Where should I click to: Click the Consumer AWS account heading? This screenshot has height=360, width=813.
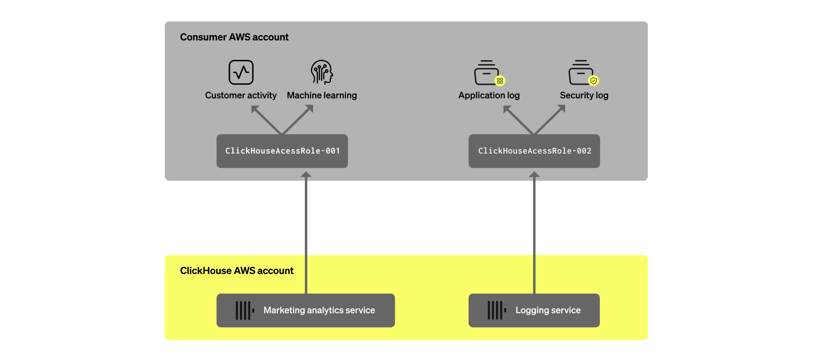[234, 37]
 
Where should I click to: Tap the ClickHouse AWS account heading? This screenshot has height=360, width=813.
[236, 271]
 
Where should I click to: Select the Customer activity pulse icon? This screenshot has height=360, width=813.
[241, 72]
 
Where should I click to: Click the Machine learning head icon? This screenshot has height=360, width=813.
[321, 72]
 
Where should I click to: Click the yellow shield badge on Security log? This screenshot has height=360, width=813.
[594, 81]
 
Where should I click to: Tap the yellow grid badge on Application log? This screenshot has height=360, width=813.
[500, 81]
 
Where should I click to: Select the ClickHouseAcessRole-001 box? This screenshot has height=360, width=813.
[282, 151]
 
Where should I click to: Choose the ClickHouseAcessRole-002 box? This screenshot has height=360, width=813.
[534, 151]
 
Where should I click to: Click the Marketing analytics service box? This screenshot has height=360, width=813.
[306, 310]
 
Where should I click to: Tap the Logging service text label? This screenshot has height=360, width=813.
[548, 310]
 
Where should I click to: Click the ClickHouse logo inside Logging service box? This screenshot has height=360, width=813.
[497, 310]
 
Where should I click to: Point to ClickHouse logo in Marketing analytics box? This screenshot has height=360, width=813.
[245, 310]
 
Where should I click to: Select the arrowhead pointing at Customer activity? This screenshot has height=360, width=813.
[255, 109]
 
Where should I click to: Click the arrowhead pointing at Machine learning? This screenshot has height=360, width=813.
[309, 109]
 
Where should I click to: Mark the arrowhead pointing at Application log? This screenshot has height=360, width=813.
[507, 109]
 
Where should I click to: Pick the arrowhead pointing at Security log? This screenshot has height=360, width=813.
[561, 109]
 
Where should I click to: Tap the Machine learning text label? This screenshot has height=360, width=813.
[322, 95]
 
